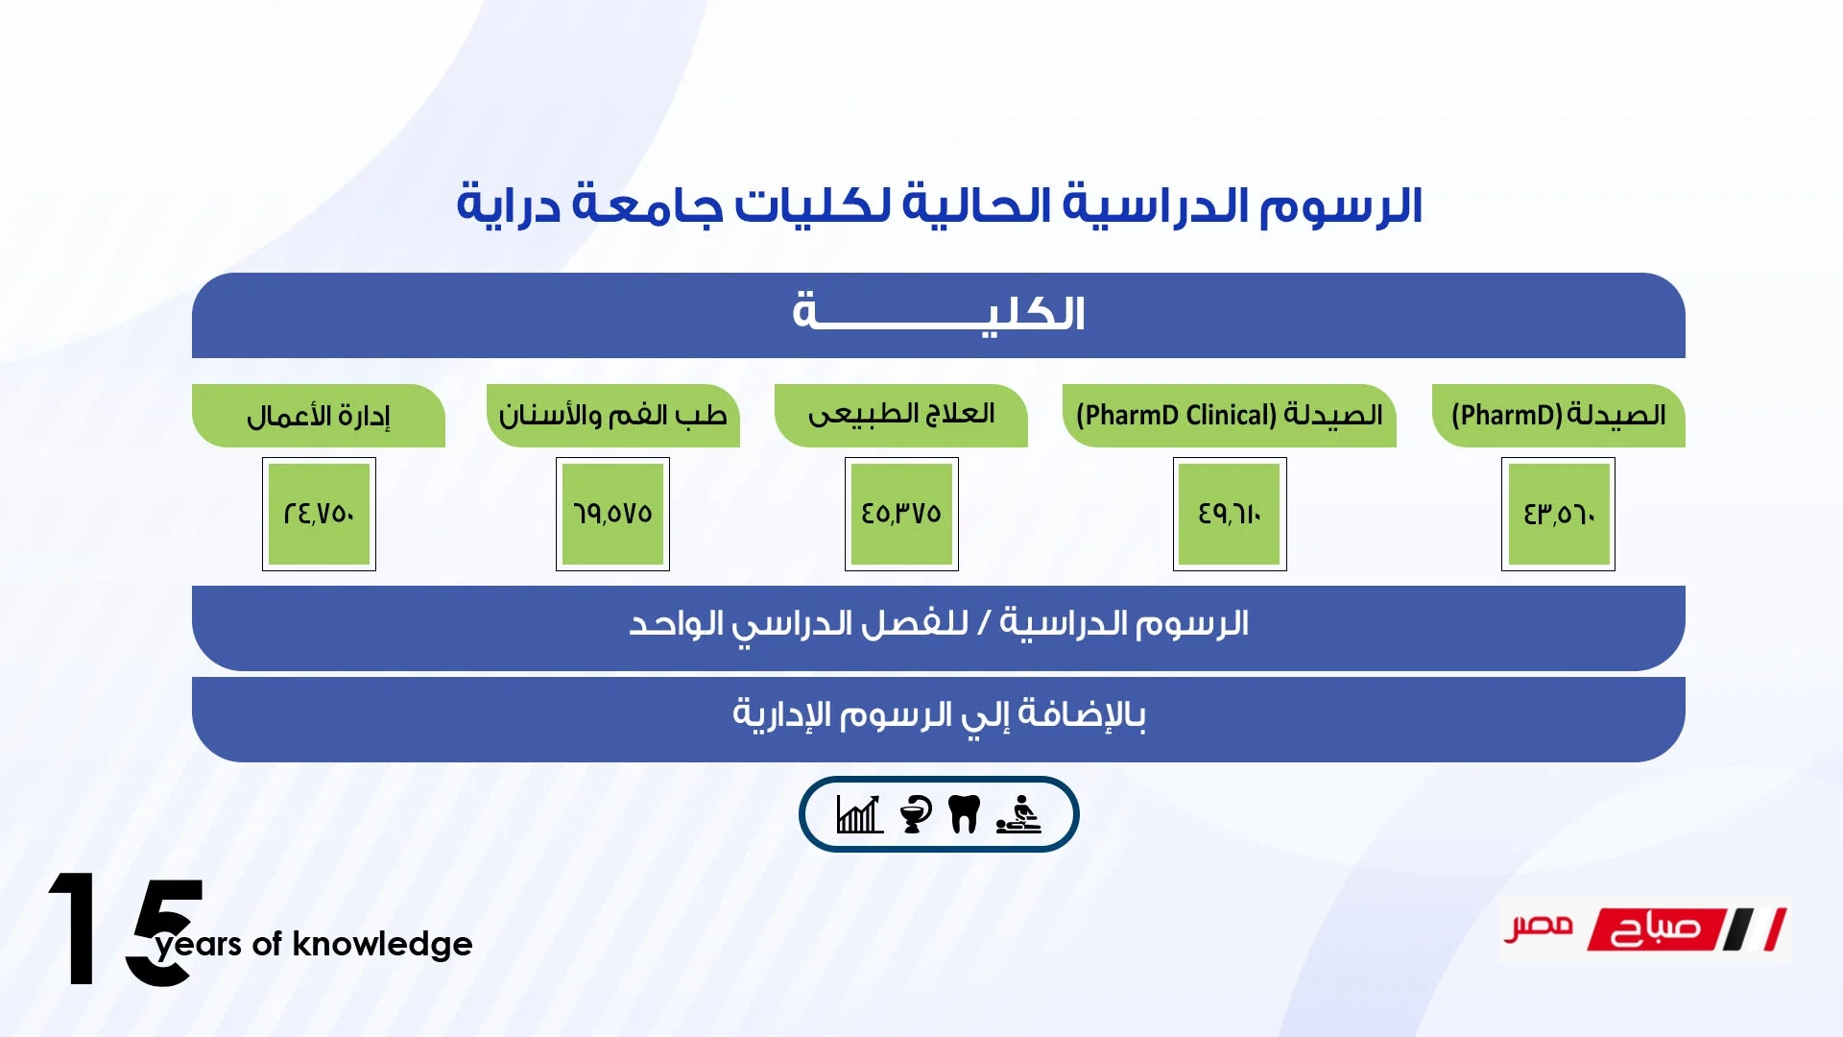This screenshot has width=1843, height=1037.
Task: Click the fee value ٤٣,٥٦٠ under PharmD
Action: pyautogui.click(x=1558, y=514)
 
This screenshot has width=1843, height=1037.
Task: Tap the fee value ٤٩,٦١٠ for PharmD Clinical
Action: pyautogui.click(x=1230, y=514)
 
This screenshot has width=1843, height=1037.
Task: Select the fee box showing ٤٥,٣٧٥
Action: pyautogui.click(x=901, y=514)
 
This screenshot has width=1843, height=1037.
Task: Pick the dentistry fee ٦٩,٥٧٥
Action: pyautogui.click(x=612, y=514)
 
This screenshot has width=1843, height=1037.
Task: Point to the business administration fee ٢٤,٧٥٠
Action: pyautogui.click(x=319, y=514)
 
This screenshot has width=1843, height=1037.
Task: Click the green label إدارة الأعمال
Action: pyautogui.click(x=319, y=416)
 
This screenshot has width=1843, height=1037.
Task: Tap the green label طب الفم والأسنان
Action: pyautogui.click(x=613, y=416)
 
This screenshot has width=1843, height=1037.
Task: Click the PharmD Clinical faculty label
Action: pyautogui.click(x=1230, y=416)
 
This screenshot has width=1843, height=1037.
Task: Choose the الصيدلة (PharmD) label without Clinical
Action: pyautogui.click(x=1559, y=416)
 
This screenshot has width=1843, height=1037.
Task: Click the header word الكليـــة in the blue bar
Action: pyautogui.click(x=939, y=313)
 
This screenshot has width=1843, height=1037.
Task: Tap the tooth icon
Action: pyautogui.click(x=964, y=814)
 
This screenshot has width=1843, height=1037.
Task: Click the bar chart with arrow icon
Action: pyautogui.click(x=860, y=814)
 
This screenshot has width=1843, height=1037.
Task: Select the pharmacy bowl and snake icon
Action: pyautogui.click(x=916, y=814)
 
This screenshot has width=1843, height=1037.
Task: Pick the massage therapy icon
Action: pyautogui.click(x=1018, y=814)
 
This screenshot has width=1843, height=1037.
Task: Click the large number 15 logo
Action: pyautogui.click(x=126, y=928)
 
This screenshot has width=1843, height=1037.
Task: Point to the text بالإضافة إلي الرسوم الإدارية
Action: pyautogui.click(x=939, y=715)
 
